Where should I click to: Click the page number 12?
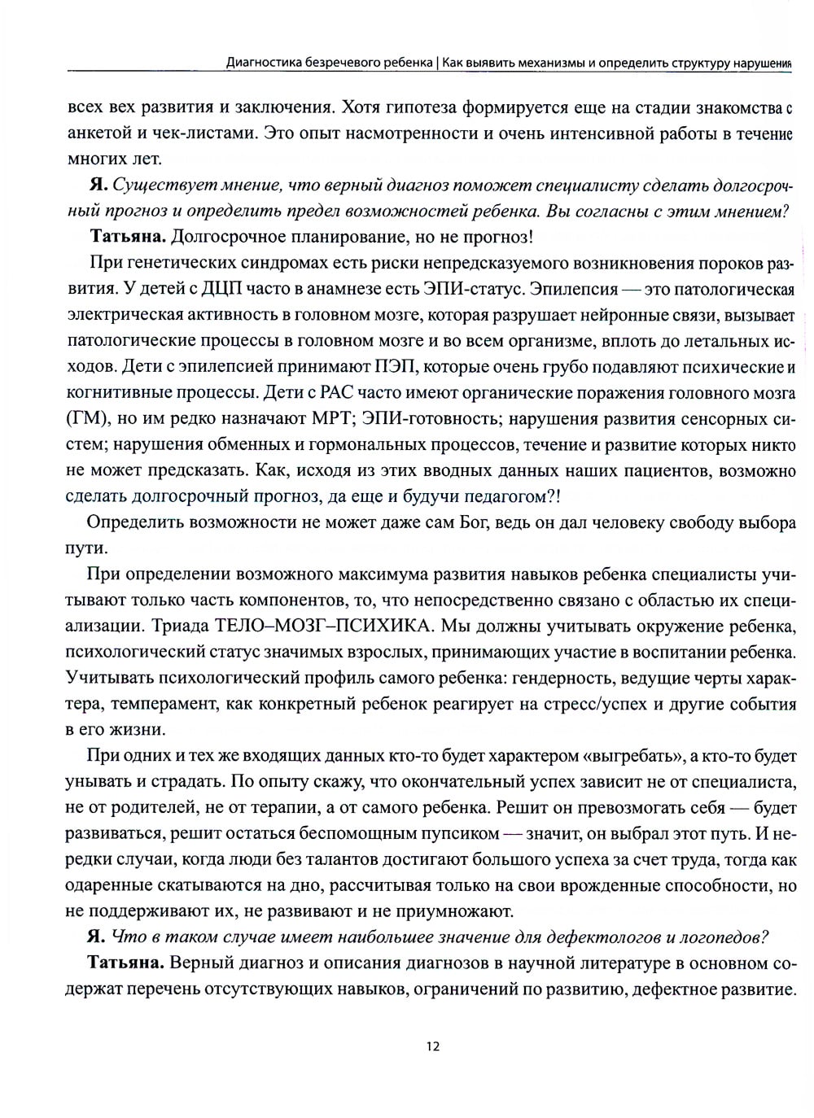[432, 1046]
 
